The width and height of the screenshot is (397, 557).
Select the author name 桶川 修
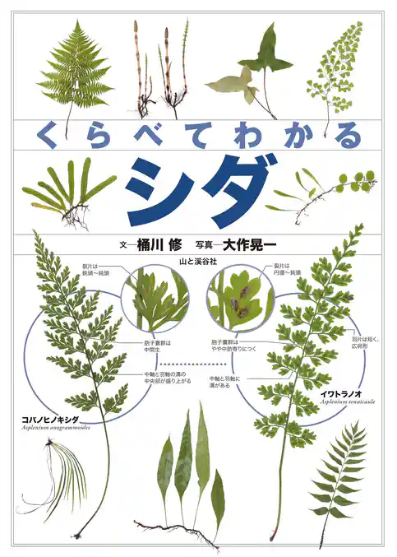coord(155,244)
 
